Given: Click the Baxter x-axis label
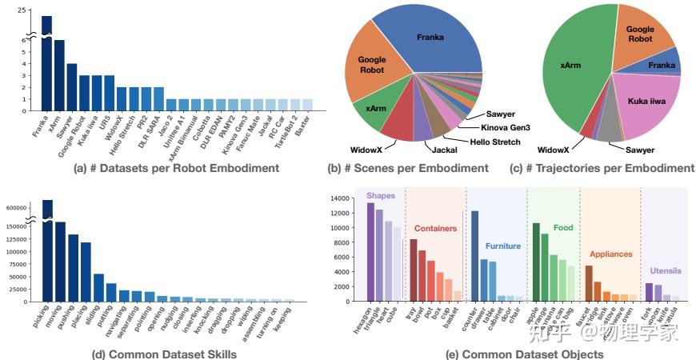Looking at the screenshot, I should coord(303,126).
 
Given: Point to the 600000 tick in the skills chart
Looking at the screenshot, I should coord(17,208).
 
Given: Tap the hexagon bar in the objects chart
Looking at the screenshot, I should coord(370,252).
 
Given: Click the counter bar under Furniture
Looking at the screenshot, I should coord(474,256).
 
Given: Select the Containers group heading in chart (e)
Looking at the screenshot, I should coord(435,228).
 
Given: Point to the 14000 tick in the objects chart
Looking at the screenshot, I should coord(340,198).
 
